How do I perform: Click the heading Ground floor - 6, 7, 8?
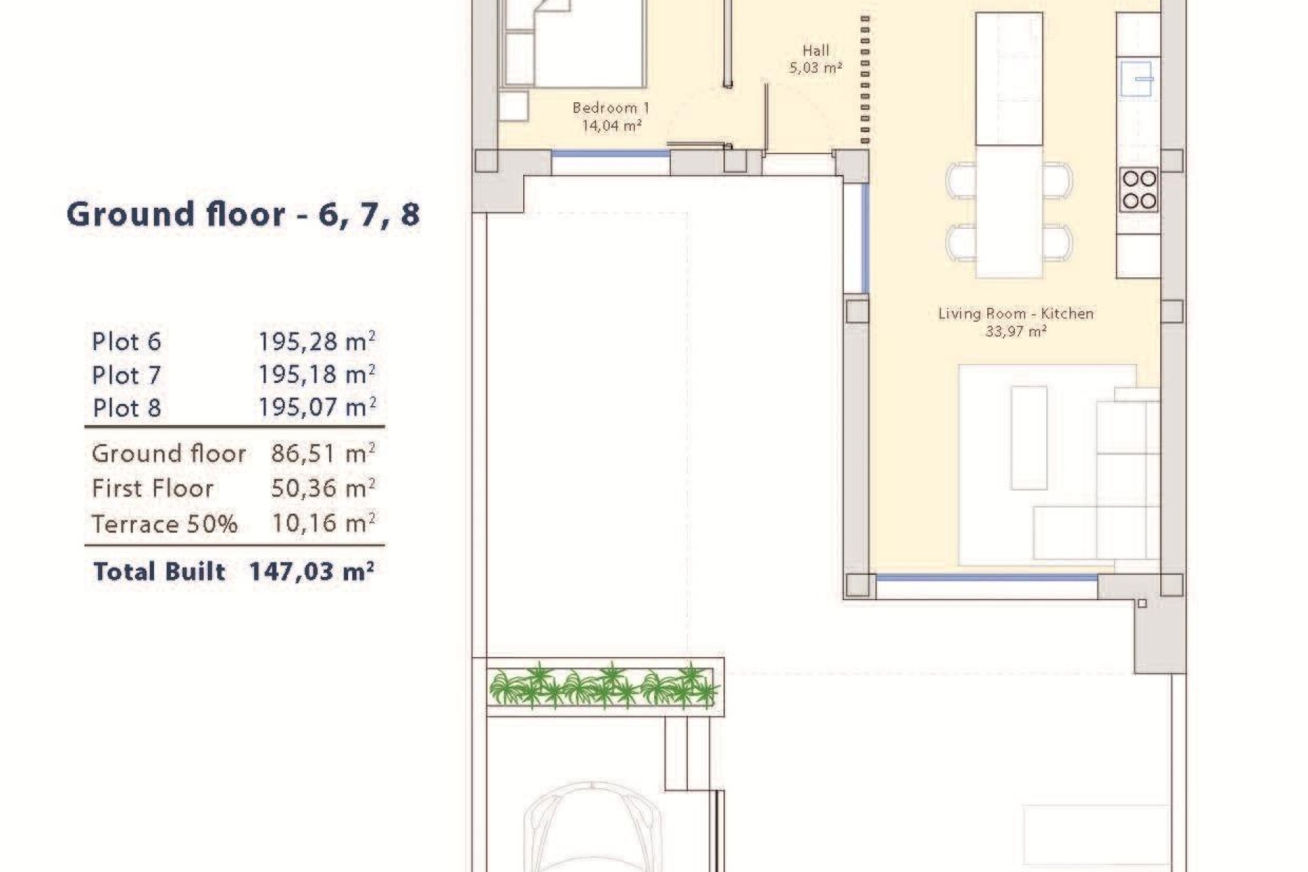click(x=243, y=215)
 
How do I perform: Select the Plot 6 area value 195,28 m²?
click(x=317, y=341)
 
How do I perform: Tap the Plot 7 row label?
click(x=127, y=375)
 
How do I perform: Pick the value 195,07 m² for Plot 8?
click(x=317, y=407)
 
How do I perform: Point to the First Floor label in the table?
click(x=153, y=488)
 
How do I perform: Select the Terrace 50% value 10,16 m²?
click(x=323, y=523)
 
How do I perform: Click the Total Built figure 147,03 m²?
click(x=311, y=571)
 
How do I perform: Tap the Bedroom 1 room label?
click(x=611, y=116)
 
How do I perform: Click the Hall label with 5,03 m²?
click(x=815, y=59)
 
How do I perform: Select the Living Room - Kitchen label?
click(x=1015, y=322)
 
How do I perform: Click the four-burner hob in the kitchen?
click(x=1138, y=189)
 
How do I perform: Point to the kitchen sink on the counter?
click(x=1137, y=79)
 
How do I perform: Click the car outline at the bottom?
click(x=591, y=828)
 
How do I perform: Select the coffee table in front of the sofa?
click(x=1029, y=437)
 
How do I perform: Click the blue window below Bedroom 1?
click(x=610, y=154)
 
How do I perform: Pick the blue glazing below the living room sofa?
click(x=986, y=578)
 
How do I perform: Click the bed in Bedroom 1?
click(x=579, y=44)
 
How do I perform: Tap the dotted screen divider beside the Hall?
click(x=865, y=80)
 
